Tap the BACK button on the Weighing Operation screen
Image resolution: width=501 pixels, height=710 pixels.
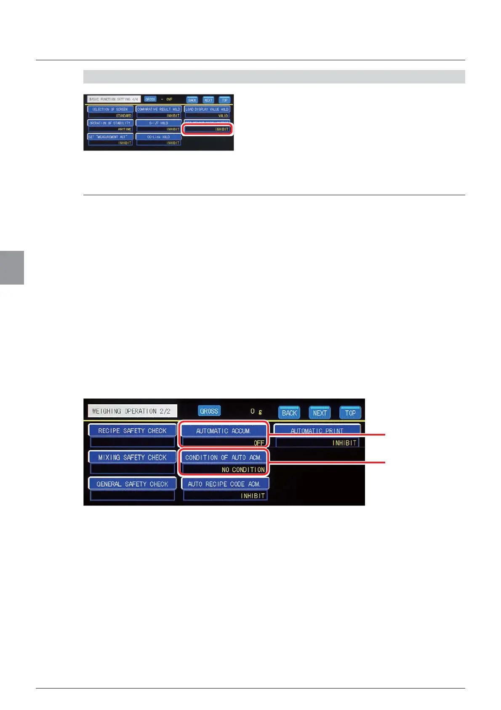click(x=289, y=413)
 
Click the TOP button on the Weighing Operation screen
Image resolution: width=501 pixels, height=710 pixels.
click(x=350, y=413)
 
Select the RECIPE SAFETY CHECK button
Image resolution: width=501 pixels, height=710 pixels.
click(x=132, y=430)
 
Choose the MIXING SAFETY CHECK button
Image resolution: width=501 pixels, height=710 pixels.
click(x=132, y=457)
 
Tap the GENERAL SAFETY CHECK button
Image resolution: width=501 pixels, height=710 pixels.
click(x=132, y=484)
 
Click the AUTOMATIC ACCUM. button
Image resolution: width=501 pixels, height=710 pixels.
click(x=224, y=430)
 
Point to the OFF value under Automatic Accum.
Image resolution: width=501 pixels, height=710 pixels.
click(x=258, y=443)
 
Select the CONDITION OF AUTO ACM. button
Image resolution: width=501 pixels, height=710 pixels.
click(x=224, y=457)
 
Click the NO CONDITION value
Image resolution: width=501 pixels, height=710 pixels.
click(x=243, y=469)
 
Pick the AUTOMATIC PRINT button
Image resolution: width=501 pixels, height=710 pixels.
click(x=317, y=430)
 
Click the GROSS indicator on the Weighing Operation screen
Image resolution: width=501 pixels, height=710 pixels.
click(x=209, y=411)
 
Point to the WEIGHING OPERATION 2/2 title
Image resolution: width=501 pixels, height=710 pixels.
click(x=131, y=411)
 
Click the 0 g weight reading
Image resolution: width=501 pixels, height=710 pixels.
click(x=256, y=411)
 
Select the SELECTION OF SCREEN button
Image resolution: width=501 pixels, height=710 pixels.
click(x=110, y=109)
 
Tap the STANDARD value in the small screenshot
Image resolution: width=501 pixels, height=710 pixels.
click(x=123, y=116)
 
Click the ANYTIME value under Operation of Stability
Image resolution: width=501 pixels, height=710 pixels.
click(x=124, y=129)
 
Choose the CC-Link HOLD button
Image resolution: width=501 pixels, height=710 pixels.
click(x=158, y=137)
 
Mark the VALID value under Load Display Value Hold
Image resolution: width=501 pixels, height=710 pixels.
click(x=223, y=116)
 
